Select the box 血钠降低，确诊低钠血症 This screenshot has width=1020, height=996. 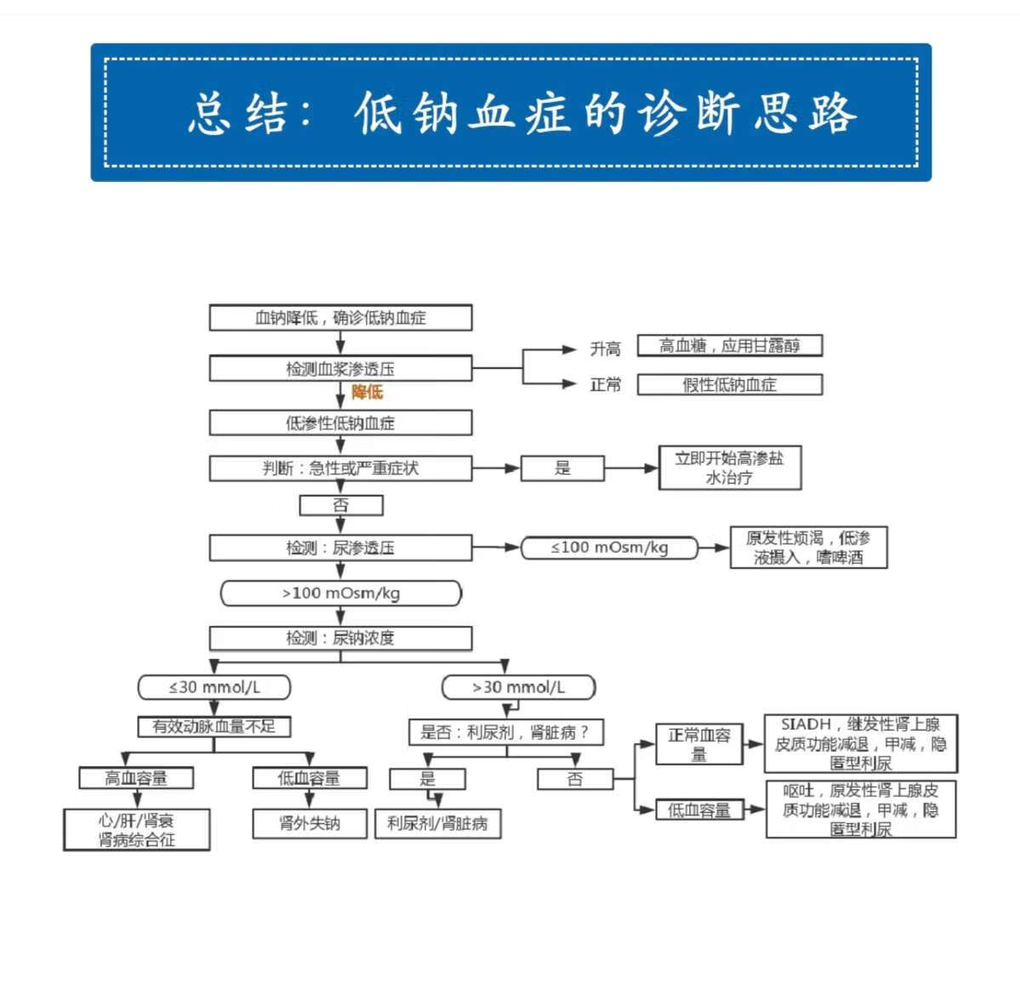[x=340, y=318]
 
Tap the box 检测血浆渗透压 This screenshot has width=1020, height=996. [x=340, y=368]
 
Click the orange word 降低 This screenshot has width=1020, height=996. [x=368, y=392]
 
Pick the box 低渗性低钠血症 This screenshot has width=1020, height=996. [x=340, y=423]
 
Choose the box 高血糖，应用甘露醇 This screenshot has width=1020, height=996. [x=729, y=345]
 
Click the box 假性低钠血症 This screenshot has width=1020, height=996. [x=729, y=384]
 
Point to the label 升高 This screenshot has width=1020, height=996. [x=605, y=349]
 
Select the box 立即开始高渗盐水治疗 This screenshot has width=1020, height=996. [x=729, y=468]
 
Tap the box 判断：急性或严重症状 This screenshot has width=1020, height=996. [x=340, y=468]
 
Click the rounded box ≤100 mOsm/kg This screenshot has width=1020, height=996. [x=609, y=548]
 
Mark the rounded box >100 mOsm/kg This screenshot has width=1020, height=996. [x=340, y=593]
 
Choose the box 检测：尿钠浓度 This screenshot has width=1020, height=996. [x=340, y=638]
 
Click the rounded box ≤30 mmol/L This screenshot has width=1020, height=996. [x=214, y=687]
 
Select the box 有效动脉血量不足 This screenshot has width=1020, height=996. [x=214, y=726]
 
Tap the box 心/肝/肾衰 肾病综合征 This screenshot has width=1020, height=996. [x=136, y=830]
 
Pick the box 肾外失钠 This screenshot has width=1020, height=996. [x=310, y=823]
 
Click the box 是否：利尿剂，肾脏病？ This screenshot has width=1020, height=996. [x=505, y=732]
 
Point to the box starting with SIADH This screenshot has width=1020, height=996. [x=860, y=743]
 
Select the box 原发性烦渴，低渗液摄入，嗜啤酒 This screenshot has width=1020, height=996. [x=808, y=548]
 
